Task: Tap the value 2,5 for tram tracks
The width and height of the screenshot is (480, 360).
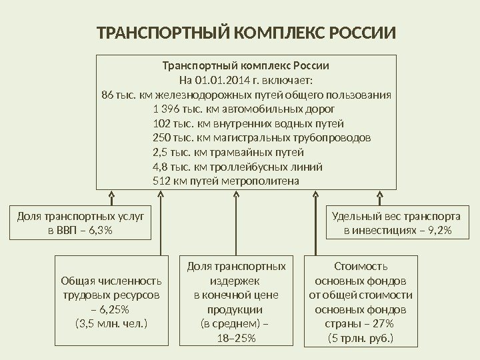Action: tap(159, 152)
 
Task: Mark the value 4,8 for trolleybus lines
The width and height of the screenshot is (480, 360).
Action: tap(159, 167)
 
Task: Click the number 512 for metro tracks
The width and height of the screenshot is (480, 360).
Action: tap(161, 181)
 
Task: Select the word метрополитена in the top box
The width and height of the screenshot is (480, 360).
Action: tap(267, 181)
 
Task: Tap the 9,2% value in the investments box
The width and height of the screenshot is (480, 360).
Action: tap(438, 230)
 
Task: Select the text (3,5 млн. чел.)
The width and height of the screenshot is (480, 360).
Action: tap(111, 324)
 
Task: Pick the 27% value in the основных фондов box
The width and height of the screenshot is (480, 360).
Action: tap(381, 324)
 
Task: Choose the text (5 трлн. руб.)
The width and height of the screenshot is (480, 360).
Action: tap(361, 339)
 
